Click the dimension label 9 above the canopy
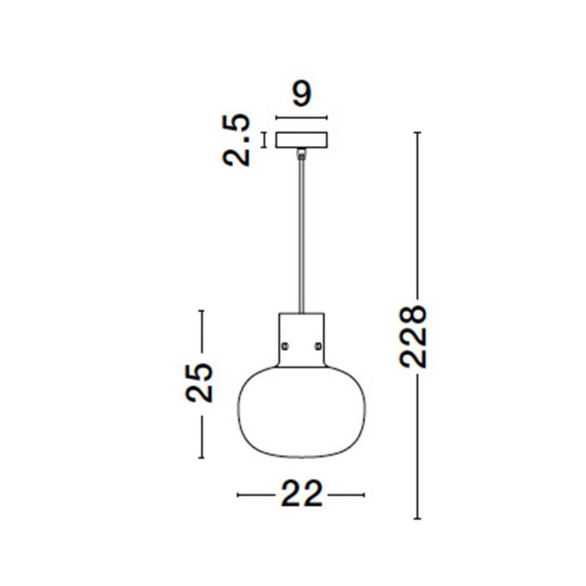pyautogui.click(x=302, y=94)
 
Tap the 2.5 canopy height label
pyautogui.click(x=236, y=140)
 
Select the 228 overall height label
pyautogui.click(x=413, y=336)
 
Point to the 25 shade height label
pyautogui.click(x=199, y=382)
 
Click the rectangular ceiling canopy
pyautogui.click(x=302, y=140)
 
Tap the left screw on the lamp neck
pyautogui.click(x=286, y=346)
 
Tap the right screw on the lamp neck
pyautogui.click(x=318, y=346)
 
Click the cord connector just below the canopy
pyautogui.click(x=301, y=154)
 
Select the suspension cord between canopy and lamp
pyautogui.click(x=301, y=235)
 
